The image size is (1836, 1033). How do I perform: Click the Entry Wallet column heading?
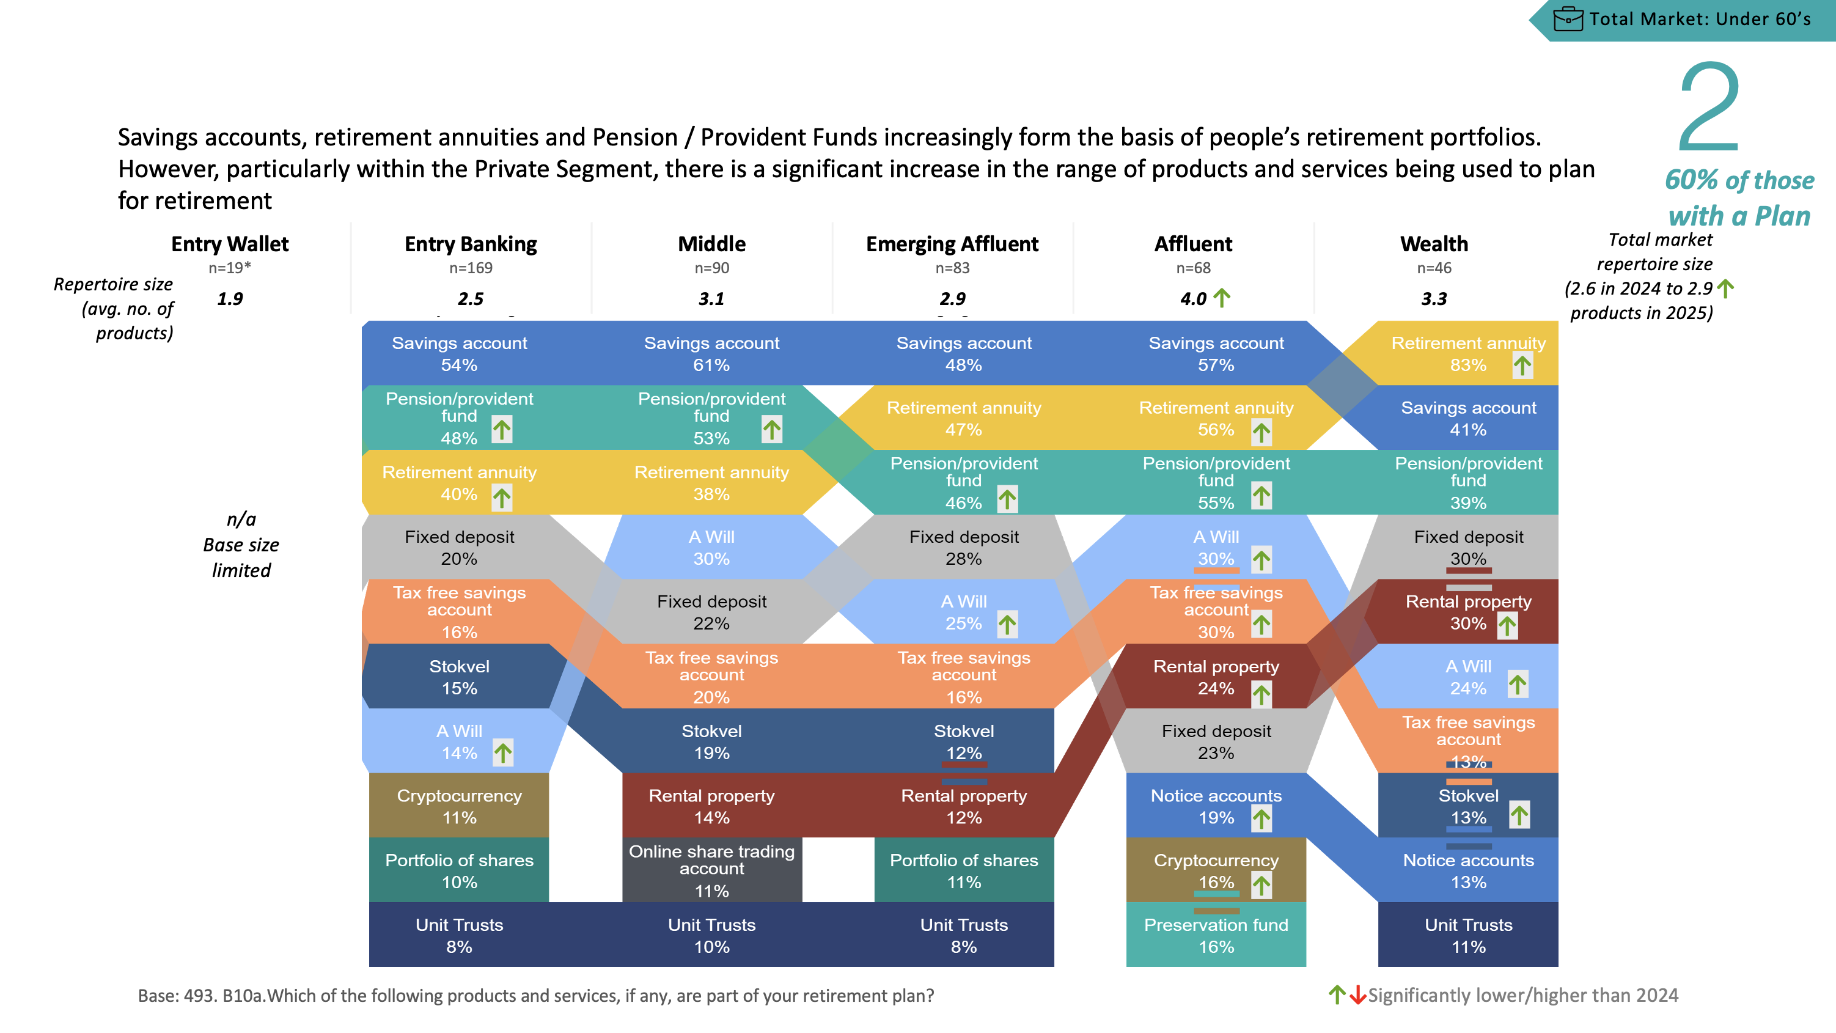(230, 244)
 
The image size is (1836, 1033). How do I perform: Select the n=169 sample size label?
(471, 268)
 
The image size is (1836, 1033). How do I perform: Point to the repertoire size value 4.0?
(1193, 299)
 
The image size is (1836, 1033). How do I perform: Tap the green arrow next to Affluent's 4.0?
(1222, 297)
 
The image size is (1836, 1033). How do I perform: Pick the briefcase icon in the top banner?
(1568, 18)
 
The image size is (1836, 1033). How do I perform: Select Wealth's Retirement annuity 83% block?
(1467, 353)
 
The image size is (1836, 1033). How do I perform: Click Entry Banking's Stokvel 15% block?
(459, 677)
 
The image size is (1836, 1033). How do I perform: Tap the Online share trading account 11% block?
(711, 870)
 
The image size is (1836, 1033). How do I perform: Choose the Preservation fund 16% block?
(1216, 935)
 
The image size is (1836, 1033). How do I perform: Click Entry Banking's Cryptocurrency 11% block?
(459, 806)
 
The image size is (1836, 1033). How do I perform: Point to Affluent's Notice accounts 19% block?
(1216, 806)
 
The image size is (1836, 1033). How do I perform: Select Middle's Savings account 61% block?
(711, 353)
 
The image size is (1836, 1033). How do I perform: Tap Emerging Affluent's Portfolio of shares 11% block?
(964, 870)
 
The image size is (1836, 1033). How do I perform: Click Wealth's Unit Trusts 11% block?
(1467, 935)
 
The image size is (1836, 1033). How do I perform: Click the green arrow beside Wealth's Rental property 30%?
(1507, 626)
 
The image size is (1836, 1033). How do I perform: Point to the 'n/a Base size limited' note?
(241, 545)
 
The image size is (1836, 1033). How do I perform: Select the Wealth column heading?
(1434, 244)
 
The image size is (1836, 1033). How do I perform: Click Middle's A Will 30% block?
(711, 547)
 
